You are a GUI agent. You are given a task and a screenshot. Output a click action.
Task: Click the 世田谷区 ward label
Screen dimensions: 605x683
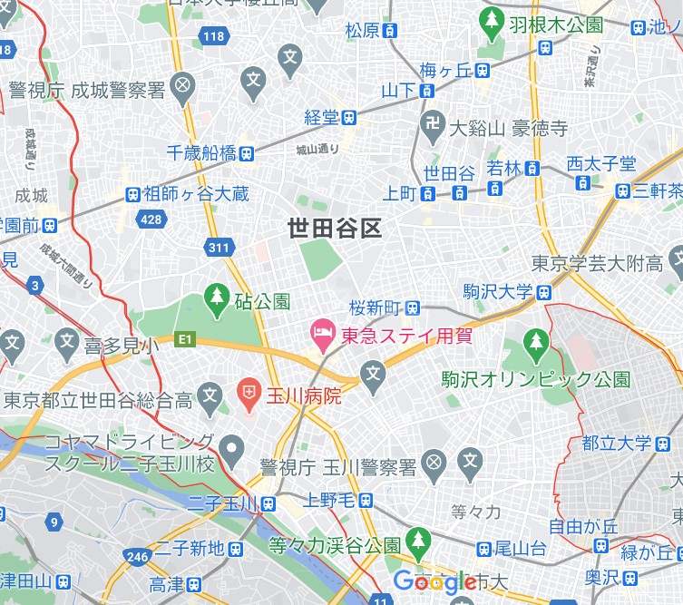(x=334, y=228)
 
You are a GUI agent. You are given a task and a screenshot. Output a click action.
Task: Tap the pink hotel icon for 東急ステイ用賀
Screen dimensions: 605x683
(x=321, y=336)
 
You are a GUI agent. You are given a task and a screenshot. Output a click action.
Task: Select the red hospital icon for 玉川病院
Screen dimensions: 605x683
(x=247, y=395)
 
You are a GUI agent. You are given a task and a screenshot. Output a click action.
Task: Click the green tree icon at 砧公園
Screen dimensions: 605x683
(x=216, y=298)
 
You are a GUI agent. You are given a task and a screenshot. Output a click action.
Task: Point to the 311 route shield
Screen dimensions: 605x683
(x=218, y=247)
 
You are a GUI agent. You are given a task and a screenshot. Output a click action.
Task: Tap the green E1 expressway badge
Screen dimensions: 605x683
(x=185, y=339)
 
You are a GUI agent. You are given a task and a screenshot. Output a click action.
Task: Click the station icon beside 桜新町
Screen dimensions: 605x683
(x=413, y=307)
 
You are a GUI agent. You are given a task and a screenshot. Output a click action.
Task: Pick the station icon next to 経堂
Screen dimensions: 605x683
(x=349, y=117)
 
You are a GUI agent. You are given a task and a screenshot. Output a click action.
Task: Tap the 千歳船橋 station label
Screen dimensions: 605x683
(x=202, y=153)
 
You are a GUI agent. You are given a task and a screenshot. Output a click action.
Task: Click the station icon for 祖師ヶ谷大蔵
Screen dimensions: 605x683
(x=132, y=193)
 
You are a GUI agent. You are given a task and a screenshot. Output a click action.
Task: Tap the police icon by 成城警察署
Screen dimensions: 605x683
(x=183, y=87)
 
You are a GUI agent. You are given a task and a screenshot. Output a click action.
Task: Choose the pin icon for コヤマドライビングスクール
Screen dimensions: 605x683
(x=232, y=446)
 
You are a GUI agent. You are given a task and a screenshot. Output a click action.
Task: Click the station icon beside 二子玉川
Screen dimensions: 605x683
(x=268, y=503)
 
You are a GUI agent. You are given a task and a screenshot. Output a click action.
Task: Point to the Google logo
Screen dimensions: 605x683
(x=434, y=581)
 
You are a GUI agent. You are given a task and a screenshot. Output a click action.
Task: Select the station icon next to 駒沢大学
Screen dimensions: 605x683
(x=543, y=292)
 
